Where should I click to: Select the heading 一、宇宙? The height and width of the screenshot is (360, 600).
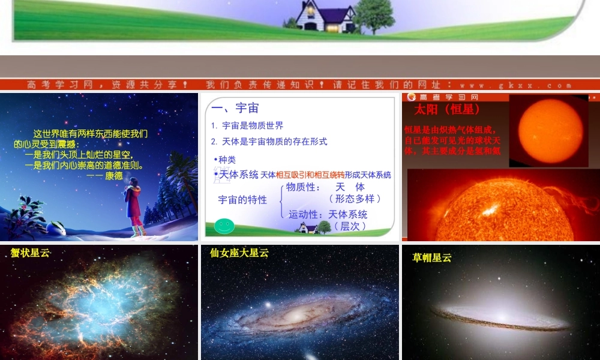(x=235, y=108)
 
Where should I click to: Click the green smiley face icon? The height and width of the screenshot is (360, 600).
(x=224, y=226)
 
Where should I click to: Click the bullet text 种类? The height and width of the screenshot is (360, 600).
(x=226, y=160)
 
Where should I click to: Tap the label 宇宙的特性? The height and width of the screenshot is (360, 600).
(x=242, y=200)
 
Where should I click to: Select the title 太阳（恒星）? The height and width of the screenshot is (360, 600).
(x=447, y=110)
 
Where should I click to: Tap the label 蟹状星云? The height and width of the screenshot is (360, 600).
(x=30, y=253)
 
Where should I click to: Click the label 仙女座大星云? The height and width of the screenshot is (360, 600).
(x=239, y=253)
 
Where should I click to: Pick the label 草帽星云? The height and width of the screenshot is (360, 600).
(x=432, y=258)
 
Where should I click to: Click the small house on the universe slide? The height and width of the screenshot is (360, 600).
(x=308, y=228)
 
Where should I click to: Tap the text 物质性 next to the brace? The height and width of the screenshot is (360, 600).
(x=304, y=187)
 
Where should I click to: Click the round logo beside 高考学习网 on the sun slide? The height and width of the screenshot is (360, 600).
(x=412, y=97)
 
